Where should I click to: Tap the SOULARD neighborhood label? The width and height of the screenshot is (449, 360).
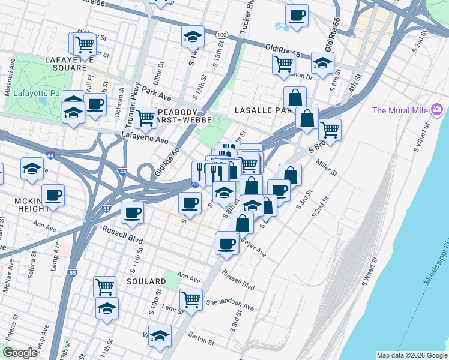[x=146, y=281]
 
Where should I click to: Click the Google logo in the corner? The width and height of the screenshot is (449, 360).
[x=20, y=353]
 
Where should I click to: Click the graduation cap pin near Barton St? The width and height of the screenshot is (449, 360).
[x=160, y=336]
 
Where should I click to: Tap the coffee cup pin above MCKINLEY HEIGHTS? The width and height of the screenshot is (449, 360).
[x=53, y=195]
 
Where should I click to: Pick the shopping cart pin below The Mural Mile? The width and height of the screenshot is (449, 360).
[x=330, y=128]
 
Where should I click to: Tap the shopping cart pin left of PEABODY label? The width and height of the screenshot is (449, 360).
[x=145, y=118]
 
